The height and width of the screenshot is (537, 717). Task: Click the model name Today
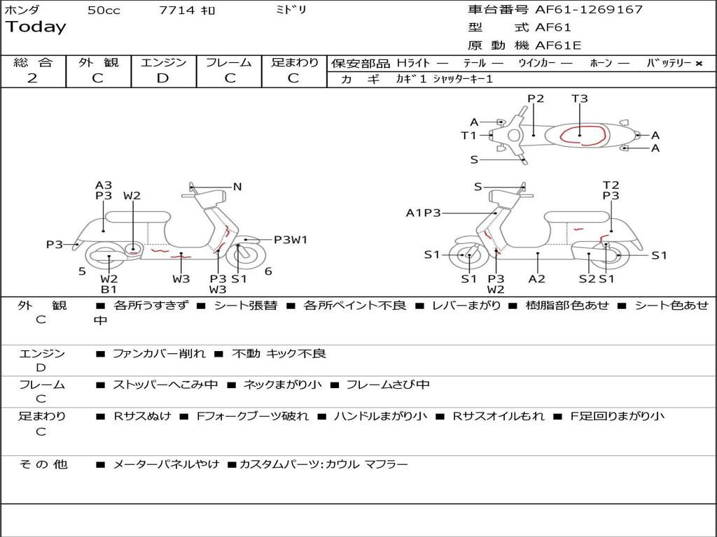(x=36, y=27)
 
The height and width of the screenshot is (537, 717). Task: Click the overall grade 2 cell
(x=32, y=78)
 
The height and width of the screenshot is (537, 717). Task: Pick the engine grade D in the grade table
(x=162, y=78)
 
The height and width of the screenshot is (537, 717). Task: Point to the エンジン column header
(x=163, y=62)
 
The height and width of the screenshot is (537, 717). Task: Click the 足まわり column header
(x=294, y=62)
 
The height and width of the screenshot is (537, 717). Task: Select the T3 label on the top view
(x=580, y=99)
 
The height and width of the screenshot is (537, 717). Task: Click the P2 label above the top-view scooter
(x=536, y=99)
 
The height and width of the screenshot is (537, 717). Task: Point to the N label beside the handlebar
(x=237, y=187)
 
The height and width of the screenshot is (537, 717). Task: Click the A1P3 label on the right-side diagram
(x=423, y=213)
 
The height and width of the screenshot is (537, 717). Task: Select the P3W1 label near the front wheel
(x=291, y=240)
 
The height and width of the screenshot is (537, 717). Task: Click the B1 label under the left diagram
(x=109, y=289)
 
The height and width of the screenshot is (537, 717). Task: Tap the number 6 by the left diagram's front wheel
(x=268, y=271)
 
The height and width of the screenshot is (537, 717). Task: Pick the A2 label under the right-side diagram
(x=537, y=279)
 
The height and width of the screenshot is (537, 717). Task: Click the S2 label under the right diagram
(x=587, y=279)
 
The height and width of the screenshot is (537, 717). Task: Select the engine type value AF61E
(x=558, y=45)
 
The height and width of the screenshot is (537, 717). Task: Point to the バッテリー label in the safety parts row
(x=669, y=63)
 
